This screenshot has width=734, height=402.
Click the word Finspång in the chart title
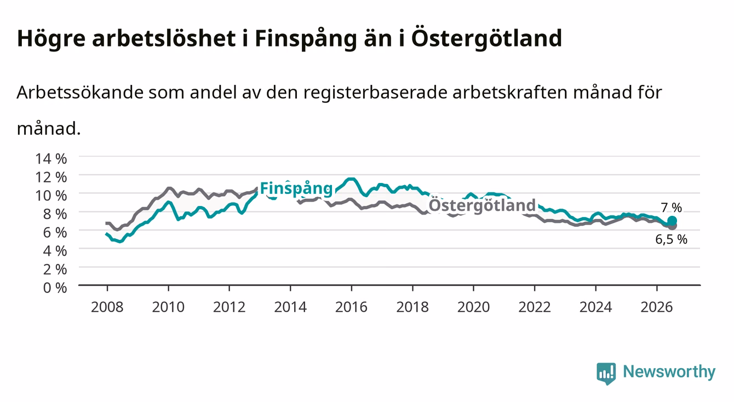(306, 39)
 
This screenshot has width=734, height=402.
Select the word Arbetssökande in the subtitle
(80, 92)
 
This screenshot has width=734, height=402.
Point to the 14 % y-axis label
(51, 159)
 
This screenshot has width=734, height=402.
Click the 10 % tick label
(51, 196)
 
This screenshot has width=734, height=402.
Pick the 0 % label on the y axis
(55, 288)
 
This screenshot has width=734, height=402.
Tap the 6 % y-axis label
(55, 232)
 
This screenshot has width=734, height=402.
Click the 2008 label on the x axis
(107, 307)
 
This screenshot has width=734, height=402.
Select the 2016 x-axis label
(351, 307)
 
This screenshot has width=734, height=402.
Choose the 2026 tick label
(657, 307)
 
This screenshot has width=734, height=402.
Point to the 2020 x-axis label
(473, 307)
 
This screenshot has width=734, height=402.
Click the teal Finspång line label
(296, 189)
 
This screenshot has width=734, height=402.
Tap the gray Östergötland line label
(482, 205)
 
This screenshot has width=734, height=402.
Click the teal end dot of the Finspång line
(672, 221)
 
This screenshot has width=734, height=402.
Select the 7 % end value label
(672, 208)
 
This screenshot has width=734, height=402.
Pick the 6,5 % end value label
(671, 239)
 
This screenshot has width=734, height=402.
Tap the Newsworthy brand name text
(669, 371)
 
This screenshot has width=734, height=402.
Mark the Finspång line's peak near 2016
(351, 179)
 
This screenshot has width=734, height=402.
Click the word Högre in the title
(51, 39)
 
